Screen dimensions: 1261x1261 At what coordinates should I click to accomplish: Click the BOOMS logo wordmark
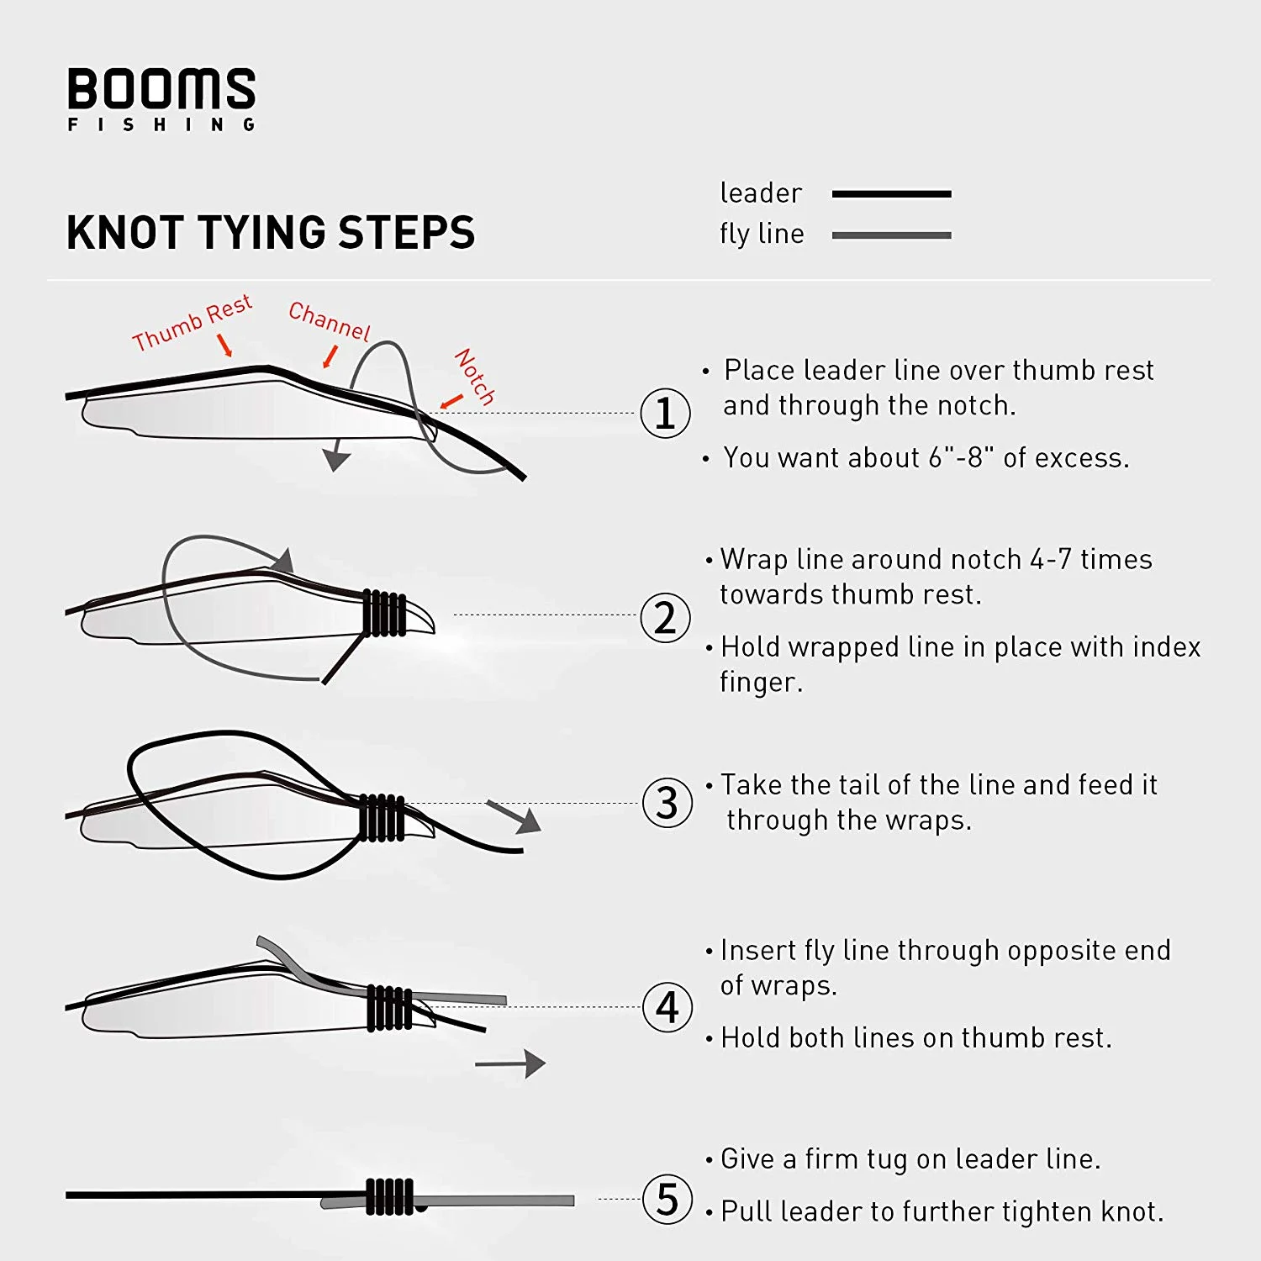coord(161,89)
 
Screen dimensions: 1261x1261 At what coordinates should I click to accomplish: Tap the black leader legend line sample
coord(891,194)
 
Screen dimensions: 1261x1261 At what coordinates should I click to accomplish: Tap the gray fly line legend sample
coord(891,235)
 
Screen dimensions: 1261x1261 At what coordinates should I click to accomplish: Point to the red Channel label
coord(329,320)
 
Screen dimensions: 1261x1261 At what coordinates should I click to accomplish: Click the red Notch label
coord(475,377)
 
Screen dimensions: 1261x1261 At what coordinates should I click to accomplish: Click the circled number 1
coord(665,414)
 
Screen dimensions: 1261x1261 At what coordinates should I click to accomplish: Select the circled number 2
coord(665,618)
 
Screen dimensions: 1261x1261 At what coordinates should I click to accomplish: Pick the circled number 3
coord(667,803)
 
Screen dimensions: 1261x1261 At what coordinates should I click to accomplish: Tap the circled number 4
coord(667,1007)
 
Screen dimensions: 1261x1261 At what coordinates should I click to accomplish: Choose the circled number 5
coord(667,1199)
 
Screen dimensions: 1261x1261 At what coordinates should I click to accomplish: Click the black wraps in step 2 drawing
coord(385,614)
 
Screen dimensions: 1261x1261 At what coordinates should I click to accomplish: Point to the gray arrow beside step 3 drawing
coord(514,816)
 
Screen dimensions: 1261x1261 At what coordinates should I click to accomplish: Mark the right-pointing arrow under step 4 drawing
coord(510,1063)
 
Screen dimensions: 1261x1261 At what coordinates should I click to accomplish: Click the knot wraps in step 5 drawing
coord(390,1196)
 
